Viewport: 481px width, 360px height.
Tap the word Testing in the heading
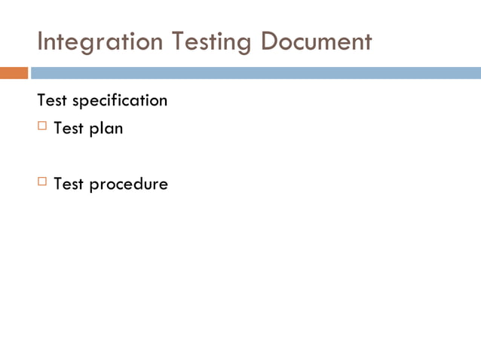coord(213,42)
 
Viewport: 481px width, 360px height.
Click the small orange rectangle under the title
coord(14,73)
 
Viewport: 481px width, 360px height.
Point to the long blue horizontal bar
coord(256,73)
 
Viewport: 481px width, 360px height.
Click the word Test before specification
coord(52,100)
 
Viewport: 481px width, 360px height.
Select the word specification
coord(120,101)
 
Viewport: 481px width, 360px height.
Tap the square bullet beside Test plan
coord(42,127)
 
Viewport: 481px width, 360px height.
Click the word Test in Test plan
coord(69,128)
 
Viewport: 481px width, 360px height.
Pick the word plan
coord(106,129)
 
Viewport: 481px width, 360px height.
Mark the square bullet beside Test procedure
coord(42,182)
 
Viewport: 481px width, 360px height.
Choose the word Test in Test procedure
coord(69,183)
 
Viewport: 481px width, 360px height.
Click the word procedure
coord(129,184)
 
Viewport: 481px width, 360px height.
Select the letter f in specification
coord(124,99)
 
